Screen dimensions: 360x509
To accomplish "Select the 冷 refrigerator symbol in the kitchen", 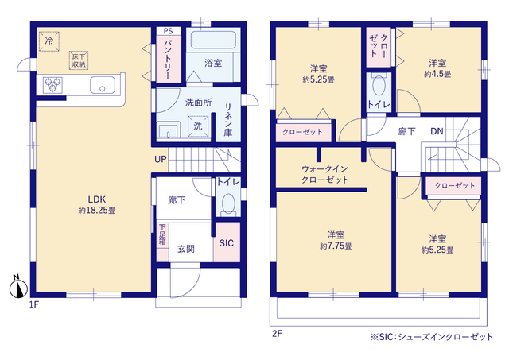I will pyautogui.click(x=49, y=40).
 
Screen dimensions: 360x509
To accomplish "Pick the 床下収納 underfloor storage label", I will pyautogui.click(x=79, y=60).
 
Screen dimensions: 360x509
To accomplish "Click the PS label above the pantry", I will pyautogui.click(x=167, y=30).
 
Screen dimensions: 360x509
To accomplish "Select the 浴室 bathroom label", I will pyautogui.click(x=212, y=62).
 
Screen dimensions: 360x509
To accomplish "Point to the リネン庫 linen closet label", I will pyautogui.click(x=228, y=121).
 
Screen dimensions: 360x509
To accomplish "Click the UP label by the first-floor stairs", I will pyautogui.click(x=161, y=159).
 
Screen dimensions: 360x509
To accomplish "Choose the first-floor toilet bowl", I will pyautogui.click(x=227, y=206).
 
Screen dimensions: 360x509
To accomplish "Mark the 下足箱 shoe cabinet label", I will pyautogui.click(x=162, y=237).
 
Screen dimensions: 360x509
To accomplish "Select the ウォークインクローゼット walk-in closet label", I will pyautogui.click(x=325, y=175).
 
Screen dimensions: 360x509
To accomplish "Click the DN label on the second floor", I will pyautogui.click(x=437, y=131).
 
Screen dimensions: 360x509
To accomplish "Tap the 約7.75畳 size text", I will pyautogui.click(x=336, y=246).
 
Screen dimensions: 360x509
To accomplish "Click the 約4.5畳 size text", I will pyautogui.click(x=437, y=74).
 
